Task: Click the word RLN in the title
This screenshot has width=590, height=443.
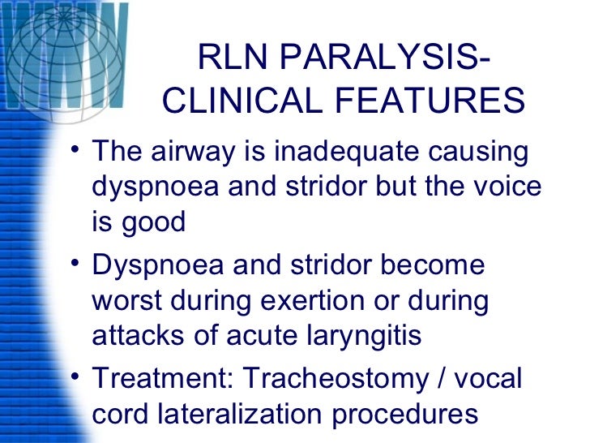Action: point(232,61)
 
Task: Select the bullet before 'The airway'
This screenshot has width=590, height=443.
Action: point(74,152)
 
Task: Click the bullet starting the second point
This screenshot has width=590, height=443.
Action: point(74,265)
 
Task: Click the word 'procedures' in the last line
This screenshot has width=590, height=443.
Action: point(405,415)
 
